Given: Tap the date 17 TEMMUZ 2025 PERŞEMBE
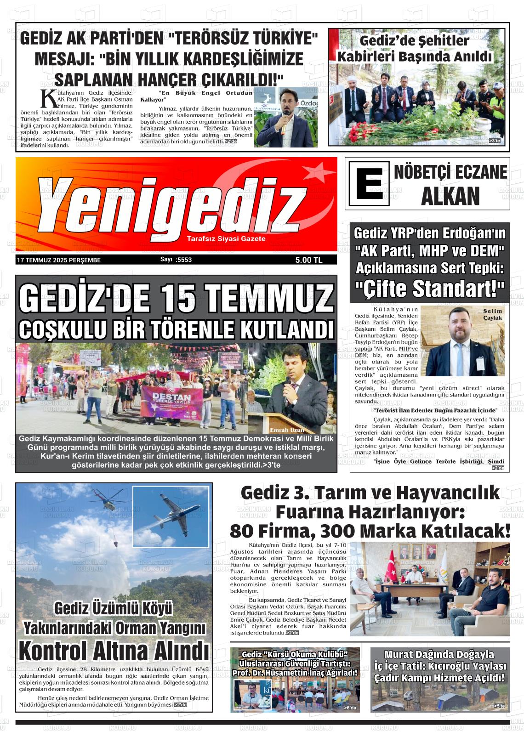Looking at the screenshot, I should pos(59,260).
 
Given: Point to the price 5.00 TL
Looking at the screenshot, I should pos(309,260).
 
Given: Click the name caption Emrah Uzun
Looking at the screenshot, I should pos(287,430).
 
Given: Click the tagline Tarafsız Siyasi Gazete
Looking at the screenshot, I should pos(226,239).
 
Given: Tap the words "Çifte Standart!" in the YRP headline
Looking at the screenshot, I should pos(430,289).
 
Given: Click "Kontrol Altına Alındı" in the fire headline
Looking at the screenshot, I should pos(114,651).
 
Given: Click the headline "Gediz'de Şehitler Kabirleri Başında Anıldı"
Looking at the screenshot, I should pos(415,49).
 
